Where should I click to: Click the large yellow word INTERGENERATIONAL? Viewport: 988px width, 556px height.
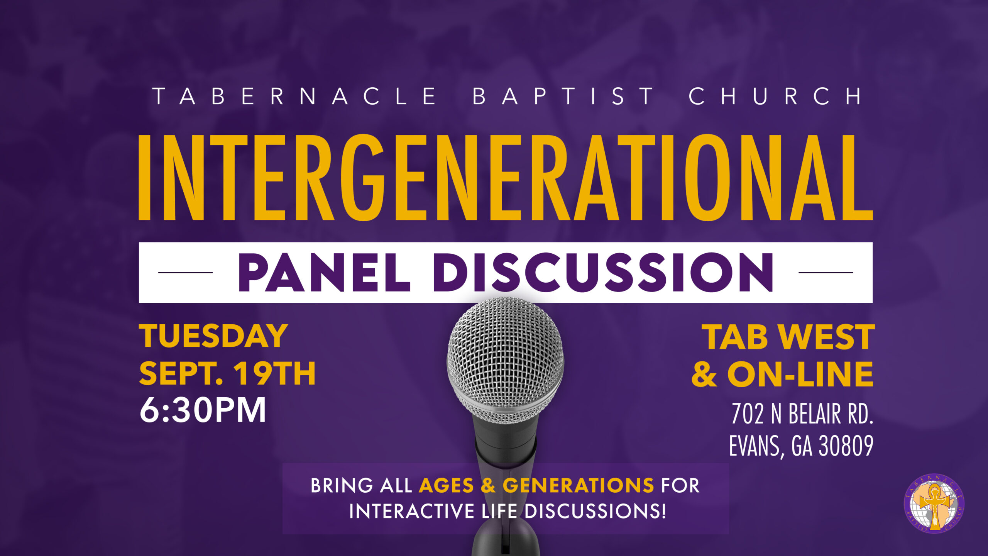point(506,178)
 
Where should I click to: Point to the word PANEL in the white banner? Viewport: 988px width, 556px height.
point(324,272)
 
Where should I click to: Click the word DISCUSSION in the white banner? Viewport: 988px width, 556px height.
point(604,272)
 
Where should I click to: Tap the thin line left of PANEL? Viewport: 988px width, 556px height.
point(185,272)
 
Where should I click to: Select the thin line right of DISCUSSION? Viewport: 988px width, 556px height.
point(826,272)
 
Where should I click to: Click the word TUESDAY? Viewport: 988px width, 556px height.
point(213,336)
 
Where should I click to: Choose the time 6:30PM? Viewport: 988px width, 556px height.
point(203,410)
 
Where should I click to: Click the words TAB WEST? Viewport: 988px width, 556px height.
point(788,337)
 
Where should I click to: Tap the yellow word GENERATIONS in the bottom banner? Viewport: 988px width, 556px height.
point(578,485)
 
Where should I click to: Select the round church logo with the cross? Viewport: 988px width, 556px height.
point(934,504)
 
